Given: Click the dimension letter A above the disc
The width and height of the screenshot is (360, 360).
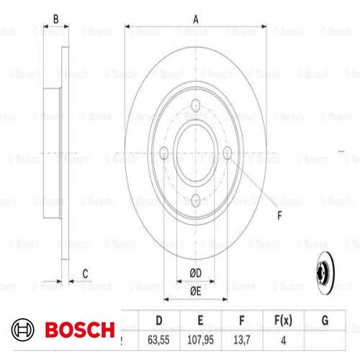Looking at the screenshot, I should click(x=196, y=20).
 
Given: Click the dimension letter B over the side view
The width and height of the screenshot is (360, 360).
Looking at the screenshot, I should click(x=55, y=20).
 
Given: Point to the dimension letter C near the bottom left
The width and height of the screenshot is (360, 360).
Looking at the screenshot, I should click(x=85, y=272).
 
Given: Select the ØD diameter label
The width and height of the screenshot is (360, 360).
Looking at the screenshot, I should click(x=195, y=271).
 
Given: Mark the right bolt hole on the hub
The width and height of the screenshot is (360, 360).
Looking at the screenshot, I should click(x=228, y=153).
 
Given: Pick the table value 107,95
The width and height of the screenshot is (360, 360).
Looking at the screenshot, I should click(x=200, y=340).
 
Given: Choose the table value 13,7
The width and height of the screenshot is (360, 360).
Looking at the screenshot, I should click(x=242, y=340).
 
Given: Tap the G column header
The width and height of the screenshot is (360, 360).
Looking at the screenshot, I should click(x=324, y=319).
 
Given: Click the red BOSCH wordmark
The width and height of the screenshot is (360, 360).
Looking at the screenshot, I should click(x=79, y=330).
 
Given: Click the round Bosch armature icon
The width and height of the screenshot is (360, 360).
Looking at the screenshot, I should click(x=23, y=330).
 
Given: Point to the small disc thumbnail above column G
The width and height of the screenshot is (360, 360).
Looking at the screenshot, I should click(x=325, y=274).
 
